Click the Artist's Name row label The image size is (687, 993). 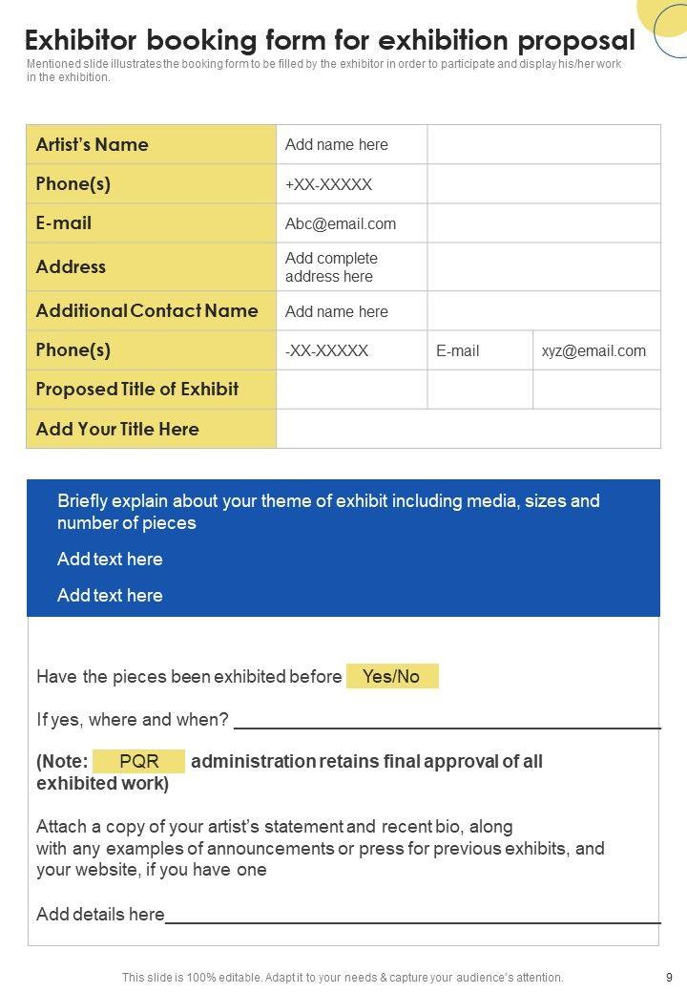pos(93,145)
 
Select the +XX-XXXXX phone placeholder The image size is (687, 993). pos(328,184)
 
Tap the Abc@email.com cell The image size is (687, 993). pos(341,224)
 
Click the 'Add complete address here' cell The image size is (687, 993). pos(331,267)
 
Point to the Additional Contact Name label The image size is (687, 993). pos(147,311)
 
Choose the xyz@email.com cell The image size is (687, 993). pos(593,350)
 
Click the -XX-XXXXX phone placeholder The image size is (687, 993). pos(326,350)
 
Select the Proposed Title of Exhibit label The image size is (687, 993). pos(137,390)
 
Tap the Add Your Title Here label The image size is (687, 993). pos(117,430)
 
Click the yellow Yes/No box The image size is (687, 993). pos(391,677)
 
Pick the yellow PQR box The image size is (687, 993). pos(138,761)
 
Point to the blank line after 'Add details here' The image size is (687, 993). pos(412,921)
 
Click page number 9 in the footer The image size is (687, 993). pos(669,977)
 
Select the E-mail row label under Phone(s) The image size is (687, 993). pos(64,223)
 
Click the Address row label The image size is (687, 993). pos(71,267)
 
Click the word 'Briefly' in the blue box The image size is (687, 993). pos(85,501)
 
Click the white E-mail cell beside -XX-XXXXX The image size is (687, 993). pos(458,350)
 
